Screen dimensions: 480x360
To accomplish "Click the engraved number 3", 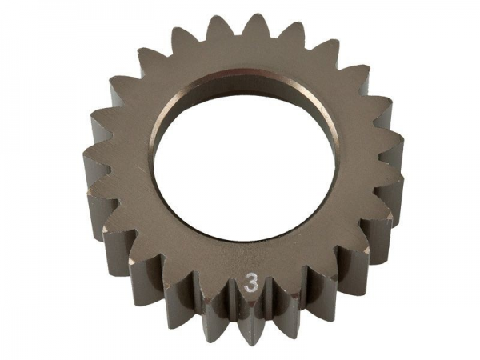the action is point(251,285).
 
